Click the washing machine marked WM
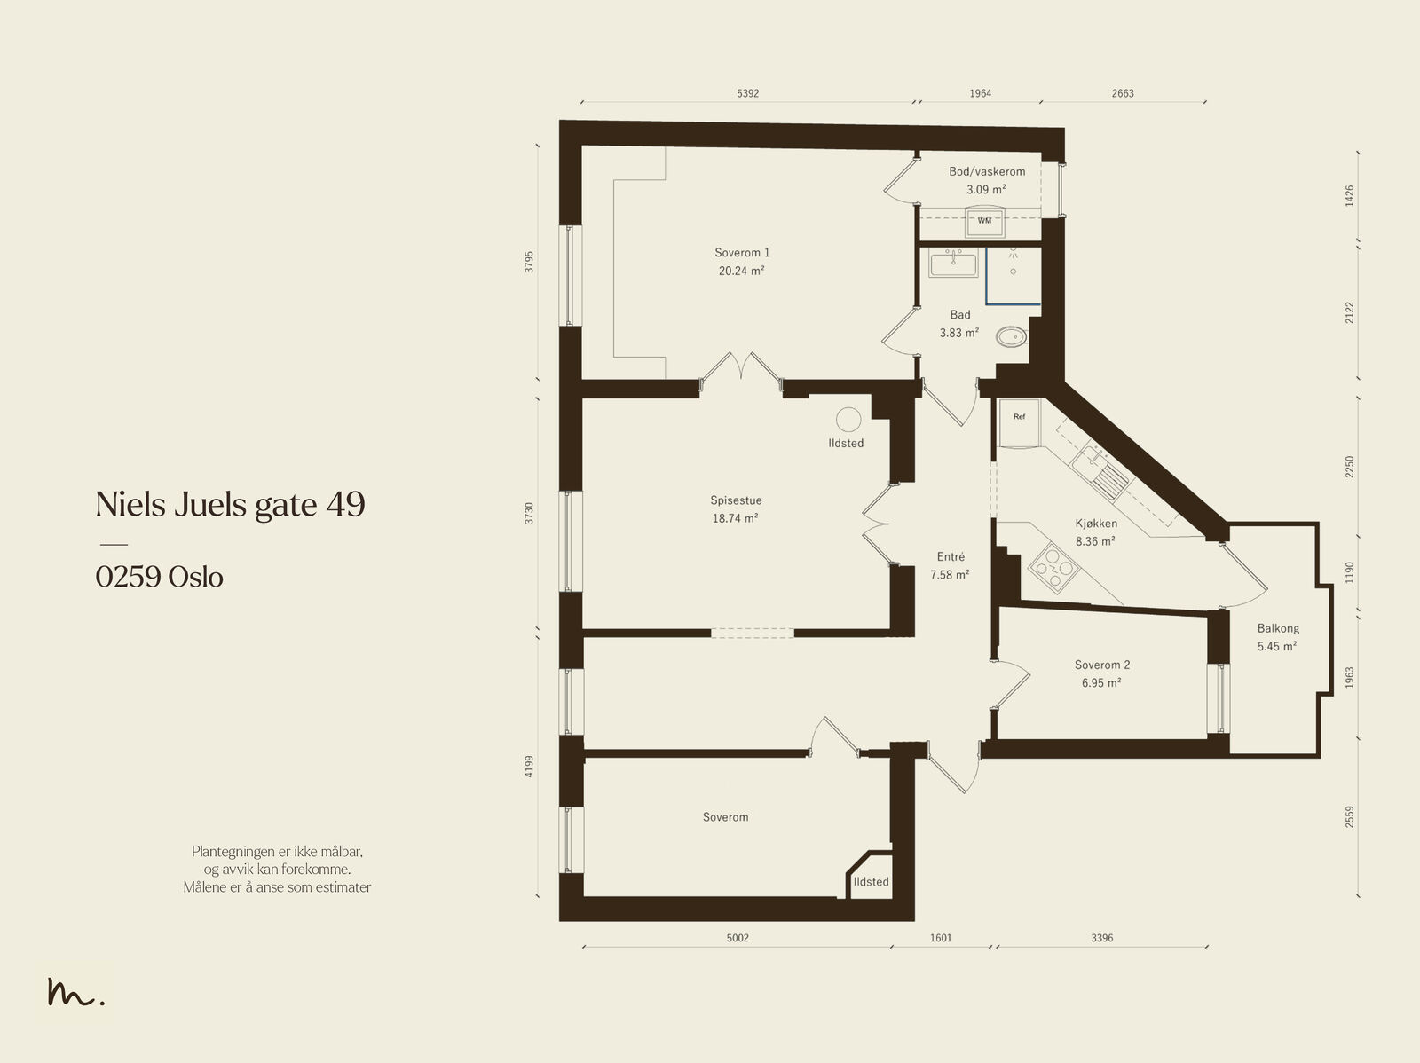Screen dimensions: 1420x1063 point(984,222)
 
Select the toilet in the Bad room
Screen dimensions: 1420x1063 point(1011,336)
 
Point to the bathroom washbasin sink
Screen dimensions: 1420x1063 point(953,264)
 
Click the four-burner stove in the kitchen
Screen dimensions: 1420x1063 point(1054,568)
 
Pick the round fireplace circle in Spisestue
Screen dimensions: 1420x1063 point(848,420)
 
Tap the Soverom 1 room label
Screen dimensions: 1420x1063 point(742,253)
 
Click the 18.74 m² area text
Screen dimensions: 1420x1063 point(735,518)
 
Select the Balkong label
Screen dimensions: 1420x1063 point(1278,628)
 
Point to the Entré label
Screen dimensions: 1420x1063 point(951,556)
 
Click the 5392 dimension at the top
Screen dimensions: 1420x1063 point(747,93)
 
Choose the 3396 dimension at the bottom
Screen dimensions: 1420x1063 point(1101,938)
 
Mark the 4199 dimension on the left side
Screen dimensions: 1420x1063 point(529,766)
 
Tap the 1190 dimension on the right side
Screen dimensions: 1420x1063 point(1349,572)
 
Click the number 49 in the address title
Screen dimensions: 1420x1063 point(345,504)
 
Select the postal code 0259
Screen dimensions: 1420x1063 point(128,577)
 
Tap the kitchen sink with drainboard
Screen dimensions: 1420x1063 point(1100,473)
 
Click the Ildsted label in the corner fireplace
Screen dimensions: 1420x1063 point(871,882)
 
